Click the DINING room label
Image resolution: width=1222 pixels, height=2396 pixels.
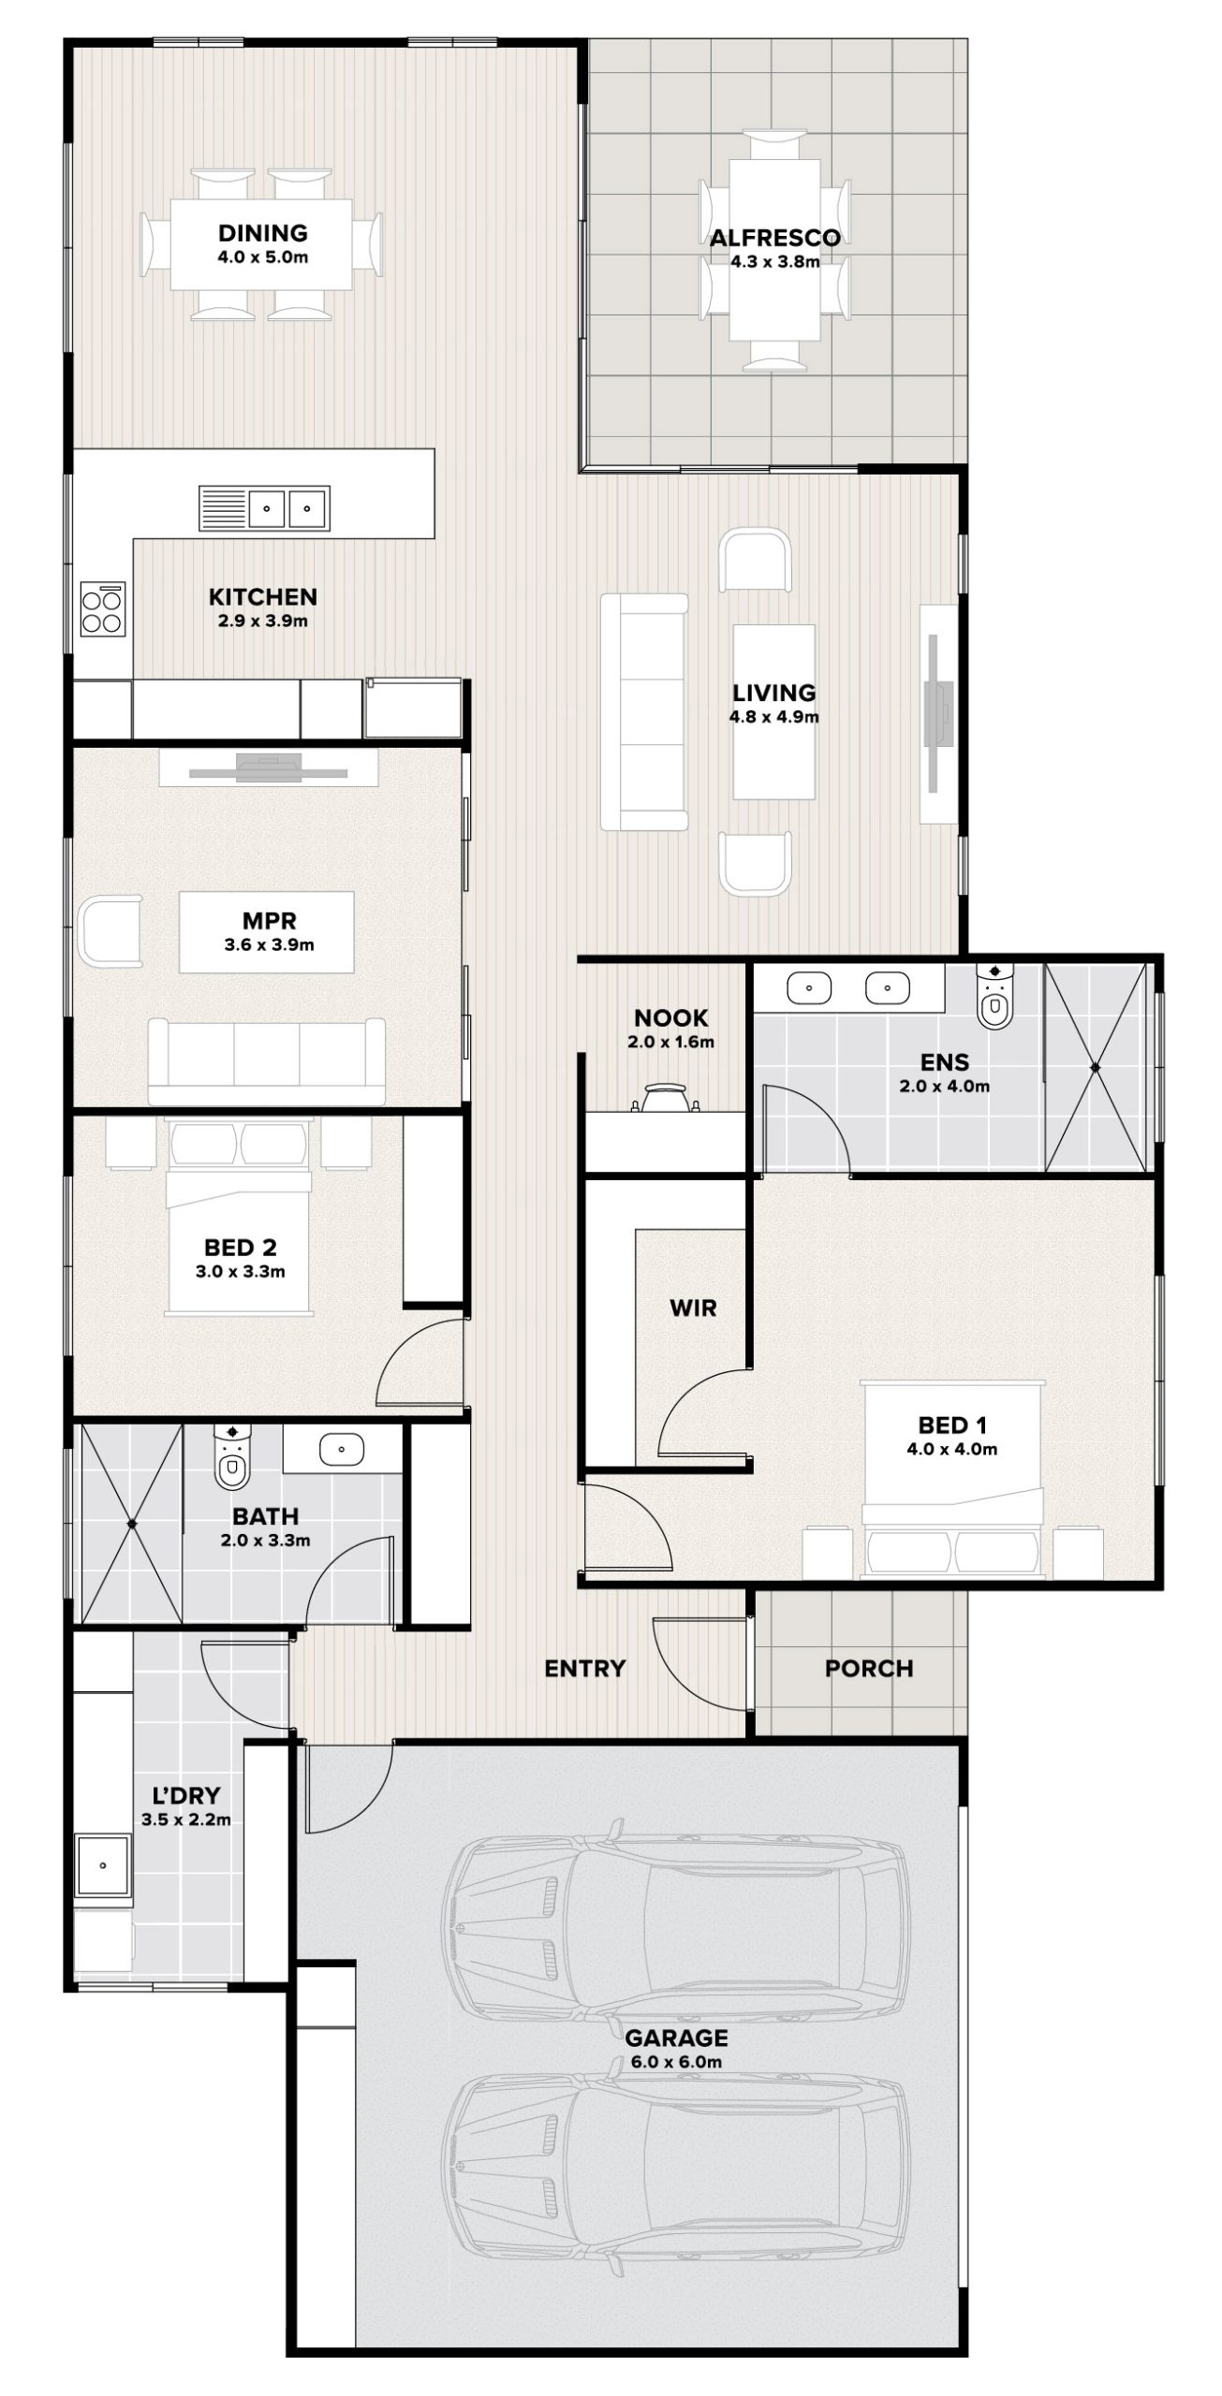tap(262, 232)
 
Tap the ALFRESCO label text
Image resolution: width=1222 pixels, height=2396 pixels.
tap(774, 238)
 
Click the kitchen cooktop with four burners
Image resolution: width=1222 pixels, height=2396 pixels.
tap(102, 608)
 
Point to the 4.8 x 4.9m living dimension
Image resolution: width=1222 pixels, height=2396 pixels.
tap(773, 718)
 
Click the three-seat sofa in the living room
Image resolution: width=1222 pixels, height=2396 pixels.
tap(643, 711)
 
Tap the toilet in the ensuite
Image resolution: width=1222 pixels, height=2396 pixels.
tap(993, 996)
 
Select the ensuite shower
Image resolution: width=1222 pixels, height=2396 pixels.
tap(1095, 1066)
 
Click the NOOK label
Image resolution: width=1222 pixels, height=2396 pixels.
tap(670, 1017)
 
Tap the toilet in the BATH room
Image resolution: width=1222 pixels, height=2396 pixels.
tap(231, 1457)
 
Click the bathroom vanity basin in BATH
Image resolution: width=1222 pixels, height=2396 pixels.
tap(341, 1450)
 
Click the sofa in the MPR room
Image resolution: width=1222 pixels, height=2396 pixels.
tap(267, 1061)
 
